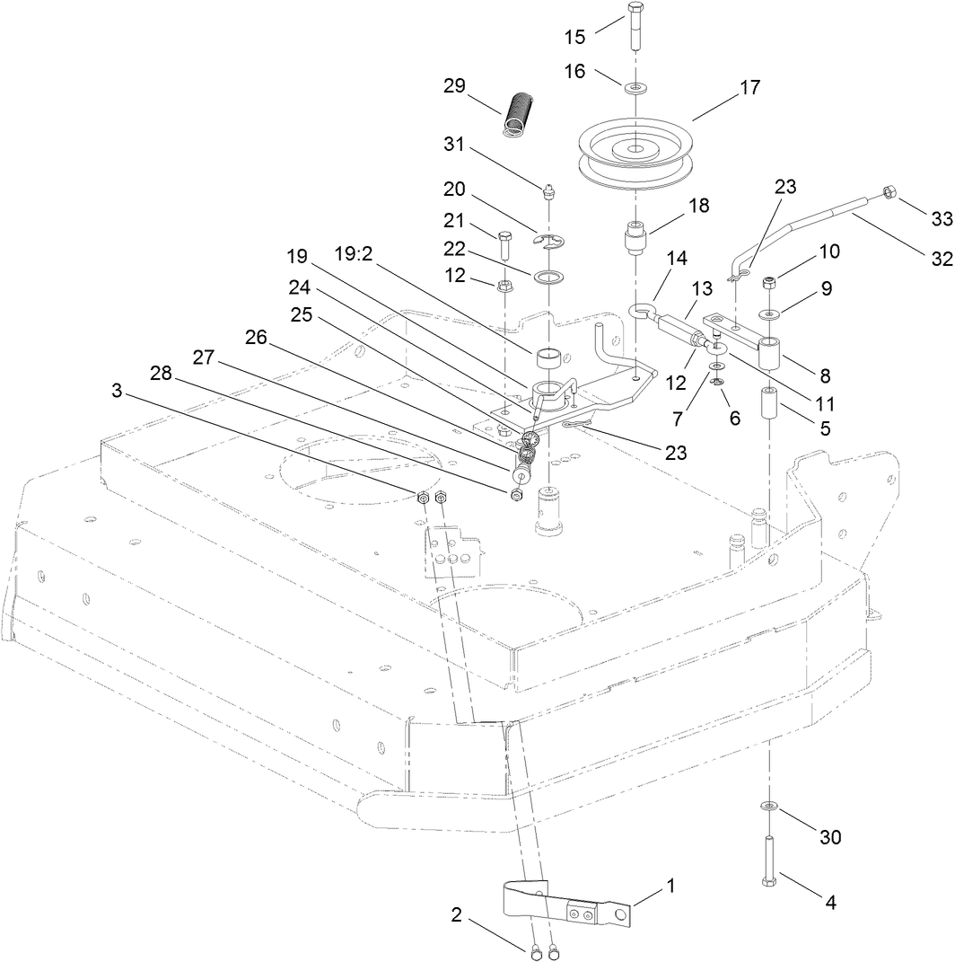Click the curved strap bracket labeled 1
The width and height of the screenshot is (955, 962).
[x=565, y=905]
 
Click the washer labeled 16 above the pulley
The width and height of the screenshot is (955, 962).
[x=634, y=88]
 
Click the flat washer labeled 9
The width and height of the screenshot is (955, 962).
[x=770, y=313]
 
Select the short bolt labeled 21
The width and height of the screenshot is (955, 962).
[x=504, y=246]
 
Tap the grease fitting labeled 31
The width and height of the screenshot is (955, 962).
[x=548, y=190]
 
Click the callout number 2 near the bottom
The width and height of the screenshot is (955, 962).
[x=456, y=916]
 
